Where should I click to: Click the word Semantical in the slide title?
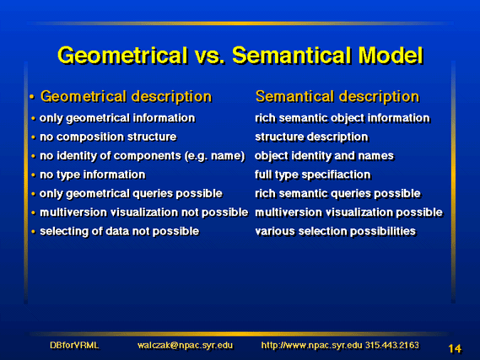tap(293, 56)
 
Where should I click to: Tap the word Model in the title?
tap(391, 56)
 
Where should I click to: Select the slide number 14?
tap(455, 348)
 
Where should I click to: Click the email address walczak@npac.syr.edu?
tap(185, 346)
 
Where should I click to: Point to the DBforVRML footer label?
tap(74, 346)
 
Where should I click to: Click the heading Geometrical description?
tap(126, 97)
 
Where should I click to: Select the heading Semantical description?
tap(337, 97)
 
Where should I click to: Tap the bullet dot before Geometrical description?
tap(32, 97)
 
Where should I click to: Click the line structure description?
tap(311, 137)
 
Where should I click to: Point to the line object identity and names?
tap(324, 156)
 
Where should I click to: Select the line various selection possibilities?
tap(335, 231)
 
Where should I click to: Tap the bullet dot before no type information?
tap(34, 175)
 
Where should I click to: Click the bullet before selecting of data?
tap(34, 232)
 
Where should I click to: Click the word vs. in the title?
tap(209, 56)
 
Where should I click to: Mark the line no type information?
tap(93, 175)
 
